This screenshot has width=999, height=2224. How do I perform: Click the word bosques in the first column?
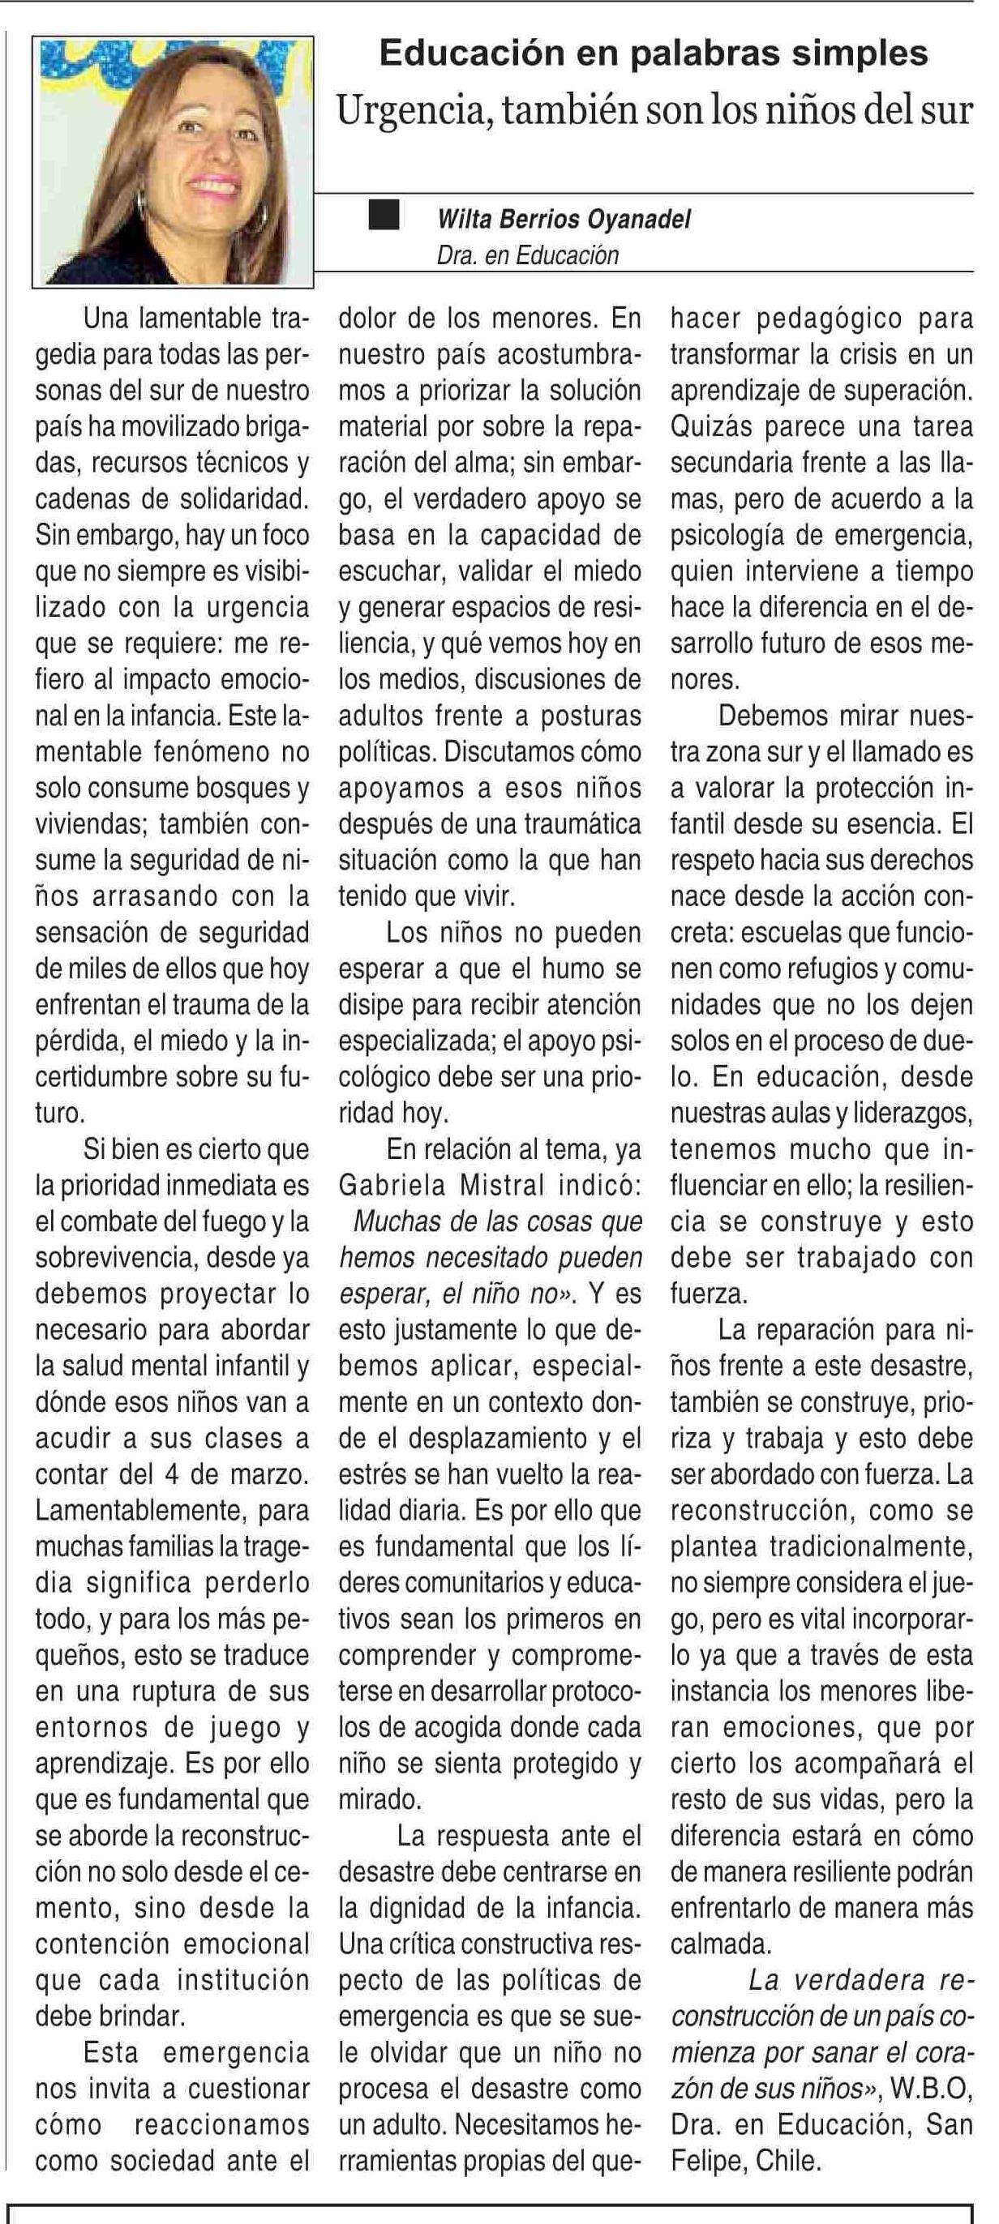click(x=227, y=787)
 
